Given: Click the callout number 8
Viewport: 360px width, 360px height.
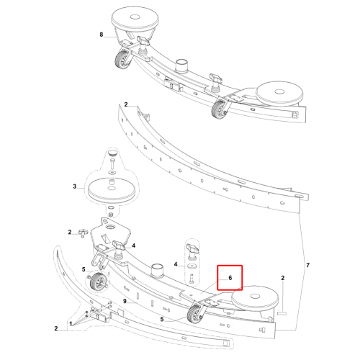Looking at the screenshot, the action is tap(102, 35).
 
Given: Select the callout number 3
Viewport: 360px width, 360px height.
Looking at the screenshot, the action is tap(75, 186).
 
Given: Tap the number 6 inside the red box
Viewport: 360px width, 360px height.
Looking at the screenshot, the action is tap(230, 278).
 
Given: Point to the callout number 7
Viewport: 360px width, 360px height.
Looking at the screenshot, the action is tap(307, 265).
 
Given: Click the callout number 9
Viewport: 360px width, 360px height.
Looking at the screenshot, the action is tap(125, 301).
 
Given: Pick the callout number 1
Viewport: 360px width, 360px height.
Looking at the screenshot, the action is tap(71, 324).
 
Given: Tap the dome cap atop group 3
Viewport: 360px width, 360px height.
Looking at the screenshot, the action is tap(112, 153).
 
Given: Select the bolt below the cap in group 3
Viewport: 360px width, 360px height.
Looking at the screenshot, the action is tap(112, 164).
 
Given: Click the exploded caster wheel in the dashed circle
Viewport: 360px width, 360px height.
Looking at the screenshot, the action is tap(98, 282).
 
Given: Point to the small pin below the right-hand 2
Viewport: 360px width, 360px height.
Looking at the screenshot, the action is tap(282, 313).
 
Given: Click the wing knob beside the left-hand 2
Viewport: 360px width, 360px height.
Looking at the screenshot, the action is tap(83, 233).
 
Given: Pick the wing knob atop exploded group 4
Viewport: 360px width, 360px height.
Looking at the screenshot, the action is tap(192, 248).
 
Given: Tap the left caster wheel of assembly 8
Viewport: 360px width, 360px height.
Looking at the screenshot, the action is tap(123, 59).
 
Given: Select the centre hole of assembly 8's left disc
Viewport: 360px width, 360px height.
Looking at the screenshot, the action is tap(135, 17).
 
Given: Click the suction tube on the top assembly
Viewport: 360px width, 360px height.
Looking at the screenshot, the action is tap(181, 65).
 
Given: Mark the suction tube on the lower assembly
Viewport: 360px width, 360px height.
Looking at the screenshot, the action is tap(157, 270).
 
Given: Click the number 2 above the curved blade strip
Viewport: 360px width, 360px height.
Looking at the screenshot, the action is tap(126, 104).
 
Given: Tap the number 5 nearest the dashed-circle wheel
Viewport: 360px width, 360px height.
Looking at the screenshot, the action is tap(84, 269).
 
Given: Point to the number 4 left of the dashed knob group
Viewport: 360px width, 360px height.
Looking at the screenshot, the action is tap(176, 264).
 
